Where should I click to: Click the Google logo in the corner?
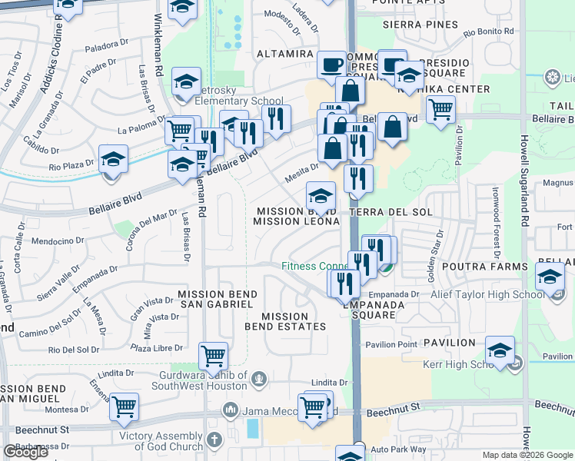click(25, 452)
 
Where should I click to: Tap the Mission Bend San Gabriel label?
click(215, 299)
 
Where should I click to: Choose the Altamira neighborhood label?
click(284, 55)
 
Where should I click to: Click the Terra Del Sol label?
click(391, 211)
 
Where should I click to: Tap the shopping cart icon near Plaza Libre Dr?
click(212, 355)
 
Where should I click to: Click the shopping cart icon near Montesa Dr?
click(124, 407)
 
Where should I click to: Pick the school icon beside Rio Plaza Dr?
click(113, 159)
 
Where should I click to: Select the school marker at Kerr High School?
click(500, 350)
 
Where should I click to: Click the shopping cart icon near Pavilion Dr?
click(440, 108)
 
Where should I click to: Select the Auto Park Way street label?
click(397, 449)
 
